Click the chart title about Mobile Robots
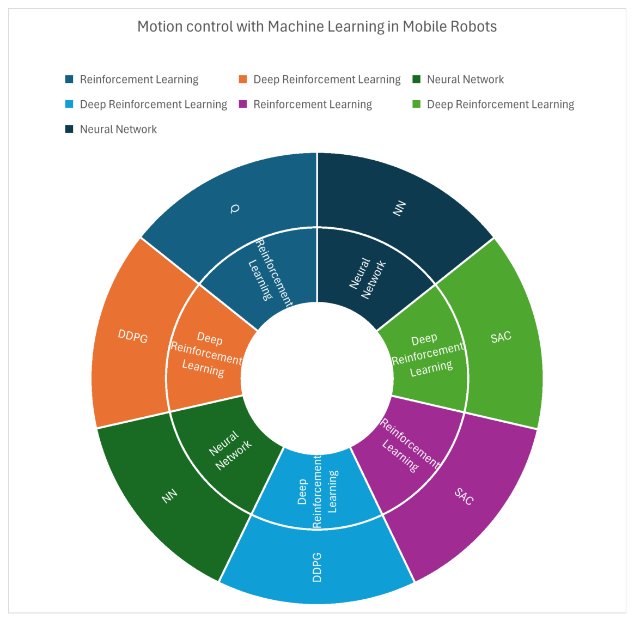317,27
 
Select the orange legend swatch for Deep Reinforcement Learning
242,79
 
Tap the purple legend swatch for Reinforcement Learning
242,105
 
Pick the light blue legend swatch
69,105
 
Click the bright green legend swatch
416,105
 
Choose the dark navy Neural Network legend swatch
69,129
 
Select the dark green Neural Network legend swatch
416,79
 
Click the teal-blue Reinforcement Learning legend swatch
69,79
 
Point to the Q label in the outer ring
235,209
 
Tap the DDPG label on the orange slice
132,336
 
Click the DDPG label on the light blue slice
317,567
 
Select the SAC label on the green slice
501,337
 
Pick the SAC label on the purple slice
464,496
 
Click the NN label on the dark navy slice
399,209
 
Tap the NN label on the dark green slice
169,496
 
